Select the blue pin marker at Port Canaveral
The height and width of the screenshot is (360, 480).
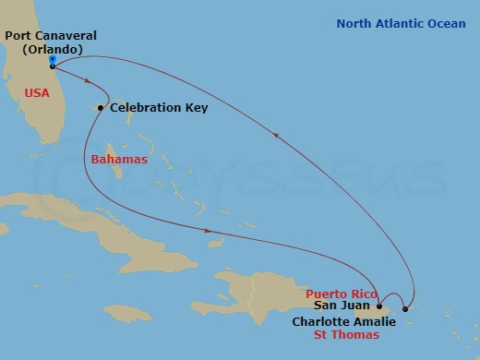[52, 63]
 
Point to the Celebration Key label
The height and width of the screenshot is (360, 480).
[159, 108]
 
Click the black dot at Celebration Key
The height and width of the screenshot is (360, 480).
[101, 108]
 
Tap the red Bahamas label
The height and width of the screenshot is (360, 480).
[119, 160]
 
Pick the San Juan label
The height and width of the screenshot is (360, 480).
[344, 306]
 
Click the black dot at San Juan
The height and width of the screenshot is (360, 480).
[379, 306]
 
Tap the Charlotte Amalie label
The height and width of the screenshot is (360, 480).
[343, 321]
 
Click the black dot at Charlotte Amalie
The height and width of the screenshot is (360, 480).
[405, 308]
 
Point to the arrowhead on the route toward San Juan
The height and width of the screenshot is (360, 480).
[209, 231]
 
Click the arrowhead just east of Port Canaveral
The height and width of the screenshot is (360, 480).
[87, 81]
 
